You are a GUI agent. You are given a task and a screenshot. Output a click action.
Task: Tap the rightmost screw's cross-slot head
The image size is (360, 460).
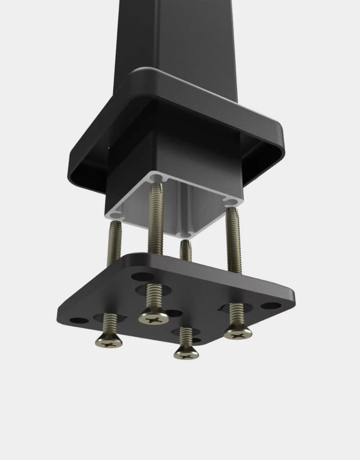pos(238,333)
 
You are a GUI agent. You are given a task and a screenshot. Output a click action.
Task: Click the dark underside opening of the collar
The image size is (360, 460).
pos(93,175)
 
